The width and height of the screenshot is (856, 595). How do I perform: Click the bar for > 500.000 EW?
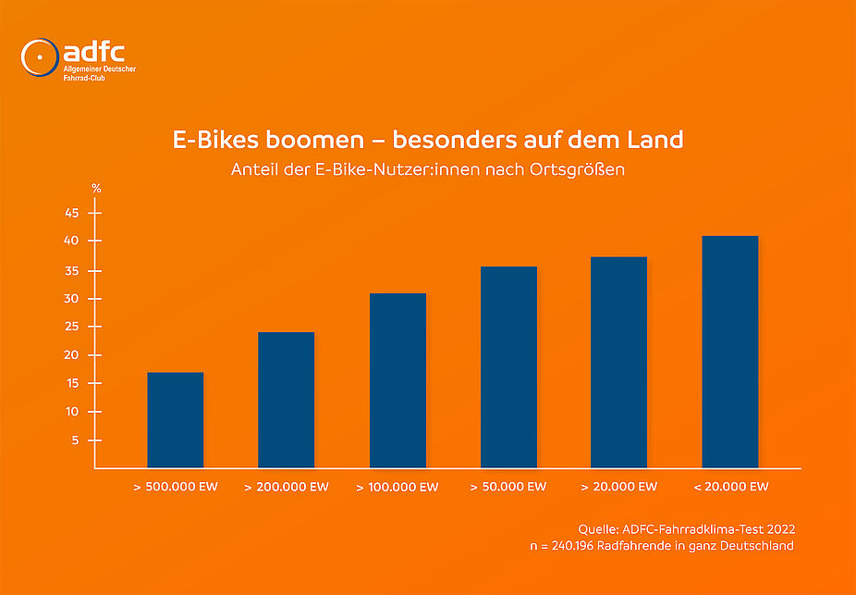(176, 420)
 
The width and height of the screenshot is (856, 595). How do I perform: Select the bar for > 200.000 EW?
(287, 400)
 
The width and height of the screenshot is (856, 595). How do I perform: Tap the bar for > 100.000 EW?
(397, 380)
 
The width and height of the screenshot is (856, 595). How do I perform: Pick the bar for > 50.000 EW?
(508, 367)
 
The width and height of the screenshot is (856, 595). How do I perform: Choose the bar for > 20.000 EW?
(619, 362)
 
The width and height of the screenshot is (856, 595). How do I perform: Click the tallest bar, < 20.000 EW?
(730, 352)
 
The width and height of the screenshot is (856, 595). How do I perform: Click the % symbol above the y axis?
(96, 188)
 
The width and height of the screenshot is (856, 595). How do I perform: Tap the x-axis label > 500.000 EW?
(176, 487)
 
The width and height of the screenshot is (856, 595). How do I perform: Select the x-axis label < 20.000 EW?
(730, 487)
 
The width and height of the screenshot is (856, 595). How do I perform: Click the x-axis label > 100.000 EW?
(397, 487)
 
